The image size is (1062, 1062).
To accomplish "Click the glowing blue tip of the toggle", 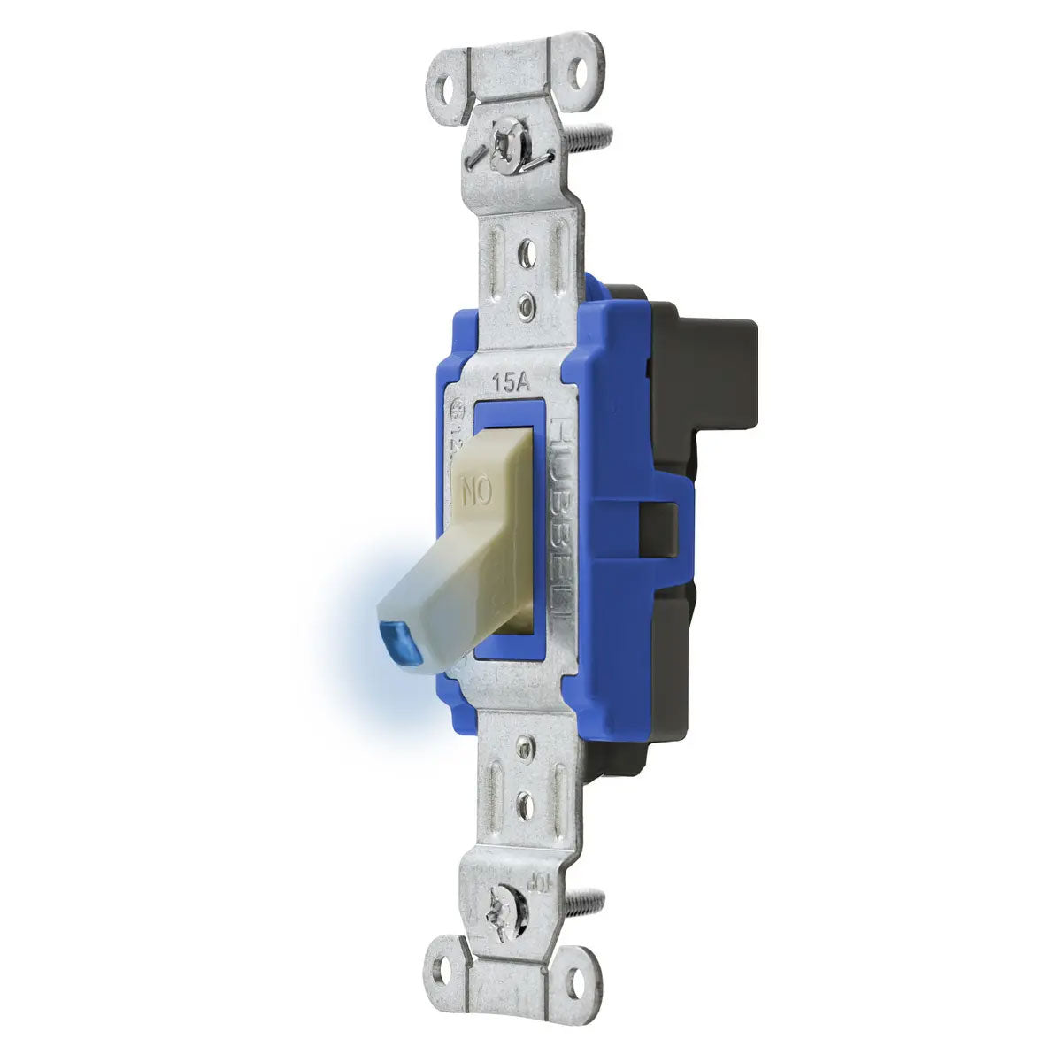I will click(392, 634).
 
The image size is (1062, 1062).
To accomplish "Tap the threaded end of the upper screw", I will click(595, 136).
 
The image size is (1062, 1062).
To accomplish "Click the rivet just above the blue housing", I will click(527, 305).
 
